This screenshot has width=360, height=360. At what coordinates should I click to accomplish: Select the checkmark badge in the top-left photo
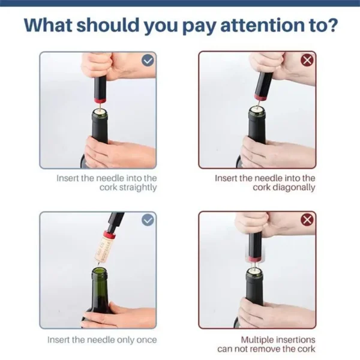[148, 61]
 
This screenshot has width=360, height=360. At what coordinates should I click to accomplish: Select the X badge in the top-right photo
[307, 61]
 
